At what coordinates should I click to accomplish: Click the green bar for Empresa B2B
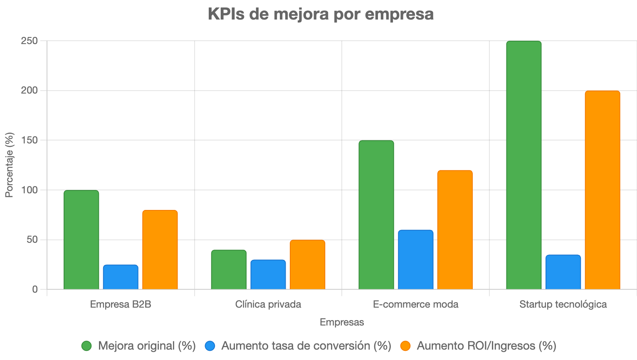tap(81, 240)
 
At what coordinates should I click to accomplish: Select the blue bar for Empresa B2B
tap(121, 277)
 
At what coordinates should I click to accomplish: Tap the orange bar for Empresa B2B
tap(160, 250)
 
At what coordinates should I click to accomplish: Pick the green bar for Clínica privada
tap(229, 270)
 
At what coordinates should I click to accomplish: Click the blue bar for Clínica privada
tap(268, 274)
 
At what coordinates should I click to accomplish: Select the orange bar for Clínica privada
tap(308, 265)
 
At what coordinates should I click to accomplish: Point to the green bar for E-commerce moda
tap(376, 215)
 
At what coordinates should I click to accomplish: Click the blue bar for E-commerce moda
tap(416, 260)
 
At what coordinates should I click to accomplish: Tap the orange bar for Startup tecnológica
tap(602, 190)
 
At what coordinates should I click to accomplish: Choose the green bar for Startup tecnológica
tap(524, 165)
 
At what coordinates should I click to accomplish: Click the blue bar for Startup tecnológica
tap(563, 272)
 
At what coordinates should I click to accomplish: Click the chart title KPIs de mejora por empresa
tap(321, 14)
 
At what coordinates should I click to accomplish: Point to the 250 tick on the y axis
tap(30, 41)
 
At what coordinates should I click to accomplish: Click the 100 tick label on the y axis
tap(30, 190)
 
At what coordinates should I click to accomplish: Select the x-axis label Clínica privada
tap(268, 304)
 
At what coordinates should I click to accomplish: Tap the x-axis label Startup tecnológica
tap(563, 304)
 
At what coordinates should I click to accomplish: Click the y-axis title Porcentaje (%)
tap(9, 165)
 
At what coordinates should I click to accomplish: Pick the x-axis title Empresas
tap(342, 322)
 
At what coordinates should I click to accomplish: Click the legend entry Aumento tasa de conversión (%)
tap(306, 346)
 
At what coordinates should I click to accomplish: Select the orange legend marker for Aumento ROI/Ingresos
tap(405, 346)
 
